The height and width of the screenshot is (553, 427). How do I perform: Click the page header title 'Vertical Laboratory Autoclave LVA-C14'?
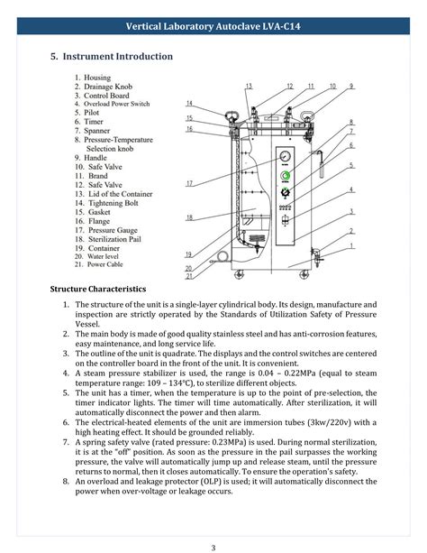click(x=213, y=27)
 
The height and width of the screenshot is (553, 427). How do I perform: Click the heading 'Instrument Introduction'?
click(x=117, y=57)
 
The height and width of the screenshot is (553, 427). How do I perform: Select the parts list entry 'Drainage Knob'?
click(x=111, y=87)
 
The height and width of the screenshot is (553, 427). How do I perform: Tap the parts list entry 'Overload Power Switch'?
click(x=117, y=105)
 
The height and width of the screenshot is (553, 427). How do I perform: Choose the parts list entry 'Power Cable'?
click(x=110, y=265)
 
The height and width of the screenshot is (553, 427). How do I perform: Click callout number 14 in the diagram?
click(x=190, y=103)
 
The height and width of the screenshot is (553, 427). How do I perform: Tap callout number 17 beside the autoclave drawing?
click(x=190, y=184)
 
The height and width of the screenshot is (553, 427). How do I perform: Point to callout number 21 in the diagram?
click(x=188, y=275)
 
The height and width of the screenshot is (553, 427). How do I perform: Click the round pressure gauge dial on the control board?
click(x=286, y=156)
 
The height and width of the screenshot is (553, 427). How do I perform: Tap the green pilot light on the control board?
click(x=286, y=175)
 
